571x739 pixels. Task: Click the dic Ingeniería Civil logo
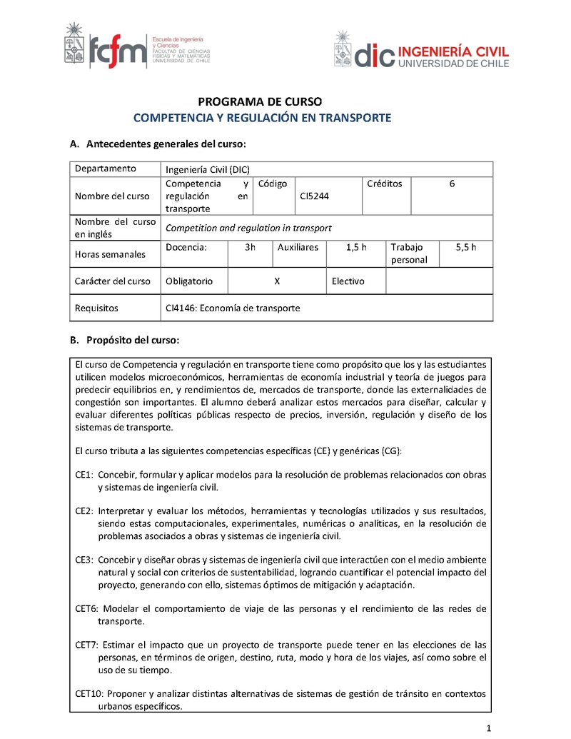pyautogui.click(x=421, y=52)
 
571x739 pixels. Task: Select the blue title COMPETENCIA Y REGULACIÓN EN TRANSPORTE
pyautogui.click(x=263, y=118)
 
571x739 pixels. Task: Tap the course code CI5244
pyautogui.click(x=315, y=196)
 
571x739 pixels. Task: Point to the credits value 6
pyautogui.click(x=452, y=184)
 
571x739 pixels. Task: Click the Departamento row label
pyautogui.click(x=106, y=169)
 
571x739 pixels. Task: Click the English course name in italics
pyautogui.click(x=248, y=228)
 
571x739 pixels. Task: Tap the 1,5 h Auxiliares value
pyautogui.click(x=356, y=247)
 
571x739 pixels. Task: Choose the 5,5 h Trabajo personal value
pyautogui.click(x=465, y=247)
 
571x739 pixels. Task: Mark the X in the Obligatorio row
pyautogui.click(x=277, y=281)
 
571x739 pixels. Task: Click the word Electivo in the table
pyautogui.click(x=348, y=281)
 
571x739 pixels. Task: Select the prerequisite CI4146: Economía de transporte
pyautogui.click(x=233, y=308)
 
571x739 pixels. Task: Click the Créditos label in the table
pyautogui.click(x=385, y=184)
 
